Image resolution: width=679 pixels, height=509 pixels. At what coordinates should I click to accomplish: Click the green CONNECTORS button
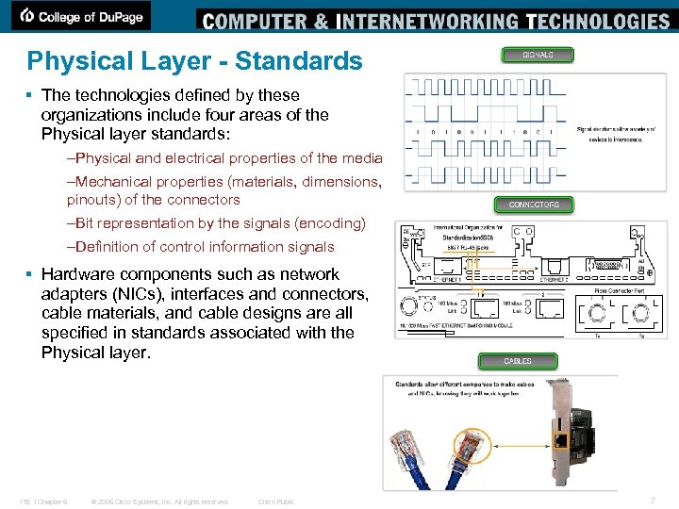point(534,205)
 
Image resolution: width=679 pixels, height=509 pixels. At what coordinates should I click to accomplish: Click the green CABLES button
point(517,361)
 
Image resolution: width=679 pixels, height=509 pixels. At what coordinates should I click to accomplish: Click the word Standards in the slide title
point(298,61)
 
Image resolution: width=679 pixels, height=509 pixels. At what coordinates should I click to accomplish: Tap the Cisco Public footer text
point(276,501)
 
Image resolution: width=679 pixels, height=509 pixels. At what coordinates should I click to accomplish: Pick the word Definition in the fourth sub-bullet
point(105,247)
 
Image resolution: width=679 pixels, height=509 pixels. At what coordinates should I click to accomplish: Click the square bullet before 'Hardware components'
point(30,274)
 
